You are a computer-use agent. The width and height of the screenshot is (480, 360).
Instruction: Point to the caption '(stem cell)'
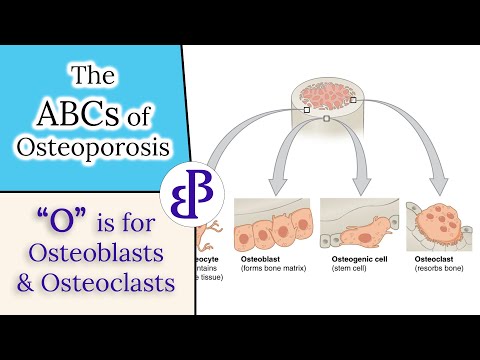point(349,268)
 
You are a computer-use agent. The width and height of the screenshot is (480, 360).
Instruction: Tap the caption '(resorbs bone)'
point(440,268)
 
